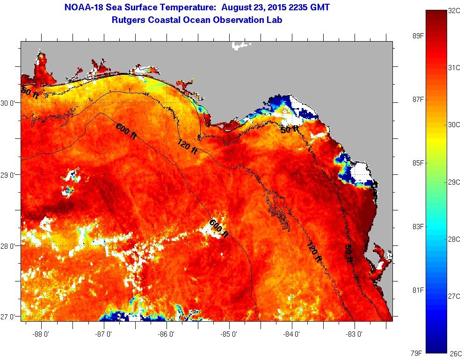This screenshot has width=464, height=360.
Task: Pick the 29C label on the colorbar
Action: point(454,182)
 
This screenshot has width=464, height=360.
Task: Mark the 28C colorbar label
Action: point(454,239)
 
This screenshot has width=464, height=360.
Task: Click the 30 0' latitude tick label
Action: point(9,103)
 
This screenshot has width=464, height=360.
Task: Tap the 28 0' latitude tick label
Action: point(9,246)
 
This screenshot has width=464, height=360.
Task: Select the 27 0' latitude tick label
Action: point(9,317)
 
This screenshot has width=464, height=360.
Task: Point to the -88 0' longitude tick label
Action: point(41,334)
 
